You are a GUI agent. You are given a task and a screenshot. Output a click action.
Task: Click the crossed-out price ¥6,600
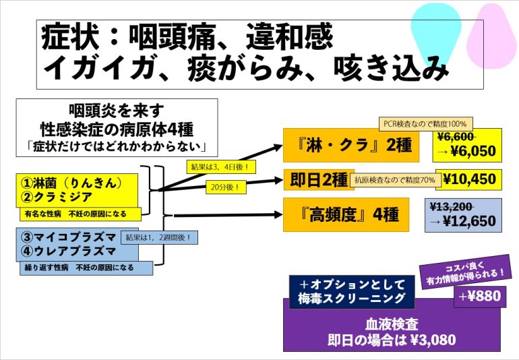coord(456,136)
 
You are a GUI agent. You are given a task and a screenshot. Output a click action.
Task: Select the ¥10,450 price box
coord(468,179)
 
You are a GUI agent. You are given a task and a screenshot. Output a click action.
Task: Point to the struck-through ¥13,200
coord(452,207)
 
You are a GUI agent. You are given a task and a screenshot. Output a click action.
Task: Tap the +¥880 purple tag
coord(480,297)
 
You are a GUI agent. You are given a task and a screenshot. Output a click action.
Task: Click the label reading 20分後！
coord(226,187)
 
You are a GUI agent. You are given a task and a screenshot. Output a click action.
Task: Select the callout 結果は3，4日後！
coord(222,167)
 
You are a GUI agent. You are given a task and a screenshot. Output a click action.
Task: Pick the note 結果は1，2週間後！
coord(159,237)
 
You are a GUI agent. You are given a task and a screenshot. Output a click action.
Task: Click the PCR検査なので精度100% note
coord(426,124)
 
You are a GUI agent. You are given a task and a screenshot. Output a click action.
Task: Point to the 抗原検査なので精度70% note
coord(396,180)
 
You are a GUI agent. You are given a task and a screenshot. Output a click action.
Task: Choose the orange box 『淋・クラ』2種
coord(351,146)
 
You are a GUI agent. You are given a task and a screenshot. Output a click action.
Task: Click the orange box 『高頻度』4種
coord(346,214)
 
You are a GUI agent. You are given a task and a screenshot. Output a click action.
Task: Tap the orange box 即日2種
coord(318,180)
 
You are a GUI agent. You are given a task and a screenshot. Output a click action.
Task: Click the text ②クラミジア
coord(56,197)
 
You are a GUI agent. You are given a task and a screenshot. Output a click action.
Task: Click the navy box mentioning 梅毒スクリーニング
coord(352,292)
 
